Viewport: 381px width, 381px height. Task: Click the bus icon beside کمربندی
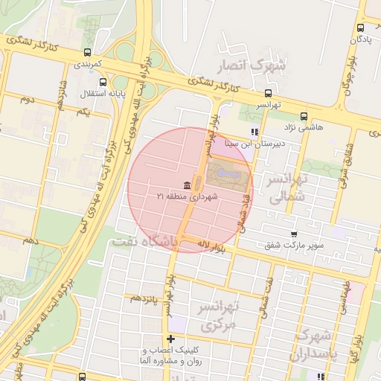(89, 52)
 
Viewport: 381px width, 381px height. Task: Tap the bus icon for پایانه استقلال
(103, 83)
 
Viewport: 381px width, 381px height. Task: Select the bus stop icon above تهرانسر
(268, 93)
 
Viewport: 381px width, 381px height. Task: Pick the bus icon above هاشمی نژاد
(304, 116)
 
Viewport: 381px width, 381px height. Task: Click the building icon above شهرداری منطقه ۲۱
(185, 185)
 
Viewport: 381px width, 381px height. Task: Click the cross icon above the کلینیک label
(171, 339)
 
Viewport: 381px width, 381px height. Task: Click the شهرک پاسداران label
(318, 345)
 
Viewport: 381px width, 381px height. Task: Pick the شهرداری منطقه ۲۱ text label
(185, 197)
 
